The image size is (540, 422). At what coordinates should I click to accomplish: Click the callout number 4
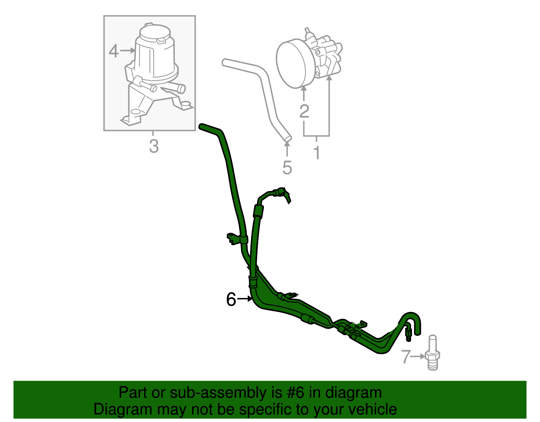coord(114,51)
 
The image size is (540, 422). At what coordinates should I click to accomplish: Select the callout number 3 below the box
coord(154,147)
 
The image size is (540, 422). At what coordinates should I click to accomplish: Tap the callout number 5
coord(287,168)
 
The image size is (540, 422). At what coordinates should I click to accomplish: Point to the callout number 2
coord(304,111)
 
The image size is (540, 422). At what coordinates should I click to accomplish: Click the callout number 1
coord(317,153)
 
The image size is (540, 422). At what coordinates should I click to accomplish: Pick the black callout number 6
coord(231,299)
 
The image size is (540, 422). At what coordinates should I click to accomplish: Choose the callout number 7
coord(406,357)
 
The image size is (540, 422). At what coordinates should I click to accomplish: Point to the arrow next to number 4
coord(128,51)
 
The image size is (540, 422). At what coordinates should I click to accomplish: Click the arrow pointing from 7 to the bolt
coord(418,356)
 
